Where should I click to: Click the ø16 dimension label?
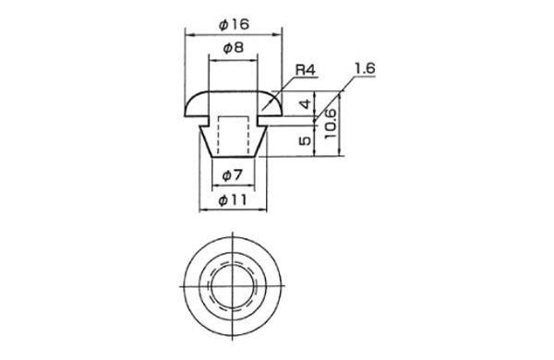pyautogui.click(x=234, y=24)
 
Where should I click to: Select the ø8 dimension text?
pyautogui.click(x=234, y=47)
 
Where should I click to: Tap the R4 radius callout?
pyautogui.click(x=305, y=70)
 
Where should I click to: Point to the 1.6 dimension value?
pyautogui.click(x=365, y=68)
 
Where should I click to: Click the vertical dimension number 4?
pyautogui.click(x=306, y=104)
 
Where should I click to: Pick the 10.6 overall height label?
pyautogui.click(x=330, y=124)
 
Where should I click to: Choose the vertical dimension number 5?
pyautogui.click(x=306, y=140)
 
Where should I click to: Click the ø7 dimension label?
pyautogui.click(x=233, y=174)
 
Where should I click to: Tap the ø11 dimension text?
pyautogui.click(x=233, y=200)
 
